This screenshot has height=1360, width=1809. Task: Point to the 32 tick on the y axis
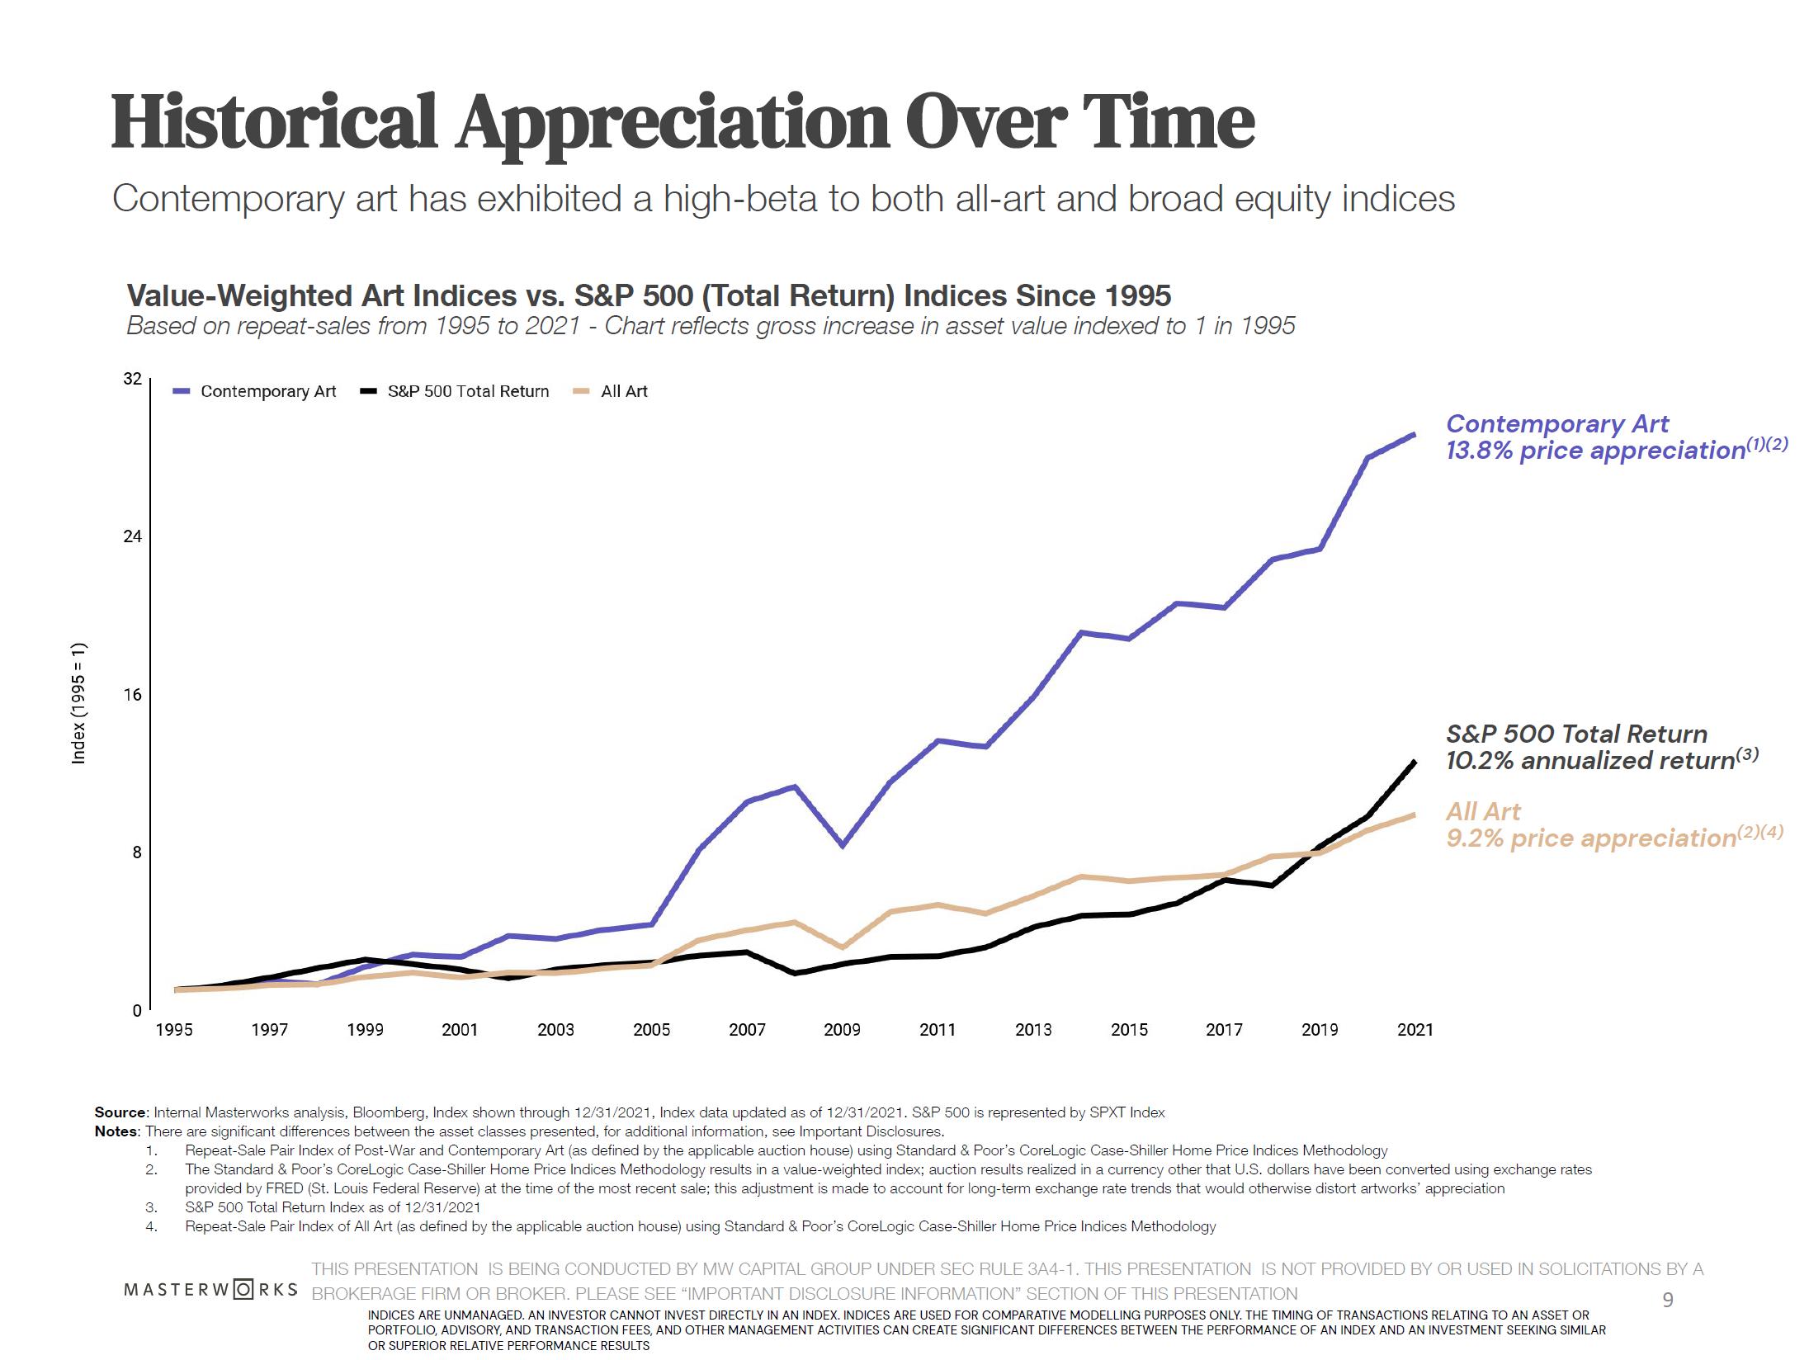(132, 379)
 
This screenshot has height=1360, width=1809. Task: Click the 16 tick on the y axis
(132, 695)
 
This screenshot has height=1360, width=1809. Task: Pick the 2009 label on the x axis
(842, 1030)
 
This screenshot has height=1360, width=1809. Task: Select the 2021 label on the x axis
(1415, 1030)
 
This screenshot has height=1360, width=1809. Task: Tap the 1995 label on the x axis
(174, 1030)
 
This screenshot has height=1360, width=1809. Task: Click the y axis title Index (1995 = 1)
(79, 703)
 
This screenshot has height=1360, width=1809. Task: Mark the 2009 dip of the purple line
(842, 845)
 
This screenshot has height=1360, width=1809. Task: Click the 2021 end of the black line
(1415, 763)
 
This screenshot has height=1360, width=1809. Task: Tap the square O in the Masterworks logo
(243, 1289)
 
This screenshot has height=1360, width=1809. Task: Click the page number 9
(1667, 1301)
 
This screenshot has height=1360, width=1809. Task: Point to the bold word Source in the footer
(120, 1112)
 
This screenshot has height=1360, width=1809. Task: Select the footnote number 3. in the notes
(152, 1207)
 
